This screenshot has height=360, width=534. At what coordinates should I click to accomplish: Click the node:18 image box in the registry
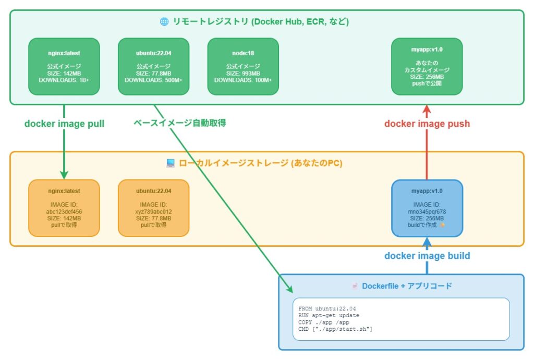pyautogui.click(x=243, y=66)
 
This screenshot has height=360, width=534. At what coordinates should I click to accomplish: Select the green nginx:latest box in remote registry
pyautogui.click(x=64, y=66)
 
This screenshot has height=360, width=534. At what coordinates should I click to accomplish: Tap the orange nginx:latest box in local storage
pyautogui.click(x=64, y=208)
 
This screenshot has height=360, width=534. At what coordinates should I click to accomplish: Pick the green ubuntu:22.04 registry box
pyautogui.click(x=153, y=66)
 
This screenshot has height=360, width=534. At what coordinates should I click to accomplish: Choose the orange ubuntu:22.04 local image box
pyautogui.click(x=153, y=208)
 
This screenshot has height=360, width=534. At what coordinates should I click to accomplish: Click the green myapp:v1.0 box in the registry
pyautogui.click(x=427, y=66)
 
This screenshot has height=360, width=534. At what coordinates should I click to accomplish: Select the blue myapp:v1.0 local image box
pyautogui.click(x=427, y=208)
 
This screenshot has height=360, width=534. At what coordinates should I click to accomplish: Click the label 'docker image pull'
pyautogui.click(x=64, y=124)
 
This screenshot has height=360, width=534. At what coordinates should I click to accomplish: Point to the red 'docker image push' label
pyautogui.click(x=427, y=124)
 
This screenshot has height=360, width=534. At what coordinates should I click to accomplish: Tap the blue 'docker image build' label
pyautogui.click(x=427, y=256)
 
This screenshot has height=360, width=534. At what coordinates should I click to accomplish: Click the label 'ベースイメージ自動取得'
pyautogui.click(x=179, y=124)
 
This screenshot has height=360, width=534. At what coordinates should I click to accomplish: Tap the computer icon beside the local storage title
pyautogui.click(x=170, y=163)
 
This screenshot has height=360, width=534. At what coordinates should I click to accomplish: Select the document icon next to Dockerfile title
pyautogui.click(x=355, y=286)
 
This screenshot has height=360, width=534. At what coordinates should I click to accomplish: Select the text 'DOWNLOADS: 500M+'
pyautogui.click(x=153, y=80)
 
